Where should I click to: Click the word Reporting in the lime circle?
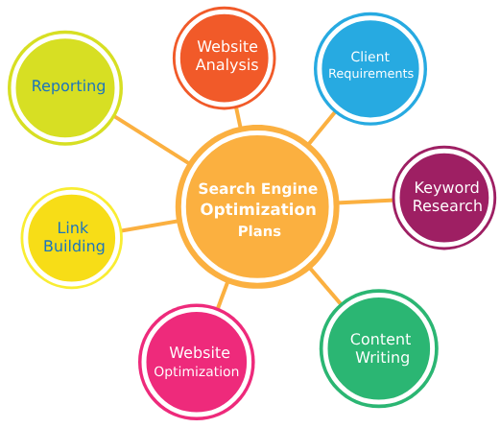(68, 86)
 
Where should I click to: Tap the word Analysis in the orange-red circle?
(227, 65)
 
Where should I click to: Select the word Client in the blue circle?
(370, 57)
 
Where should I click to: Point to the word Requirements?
(371, 74)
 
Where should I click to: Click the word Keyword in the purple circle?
(446, 187)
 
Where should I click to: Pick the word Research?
(447, 205)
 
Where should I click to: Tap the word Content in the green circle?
(381, 340)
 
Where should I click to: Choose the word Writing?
(383, 357)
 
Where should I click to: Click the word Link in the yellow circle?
(73, 228)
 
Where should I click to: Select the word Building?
(74, 247)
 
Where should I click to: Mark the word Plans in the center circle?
(259, 231)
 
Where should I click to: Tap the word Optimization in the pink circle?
(197, 371)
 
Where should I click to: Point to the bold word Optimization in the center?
(258, 210)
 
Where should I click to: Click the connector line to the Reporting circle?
(152, 139)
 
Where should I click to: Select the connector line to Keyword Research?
(366, 202)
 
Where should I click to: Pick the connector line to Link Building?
(150, 226)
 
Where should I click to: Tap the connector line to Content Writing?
(326, 286)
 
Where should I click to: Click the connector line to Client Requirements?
(321, 128)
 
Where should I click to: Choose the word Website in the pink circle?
(200, 353)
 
